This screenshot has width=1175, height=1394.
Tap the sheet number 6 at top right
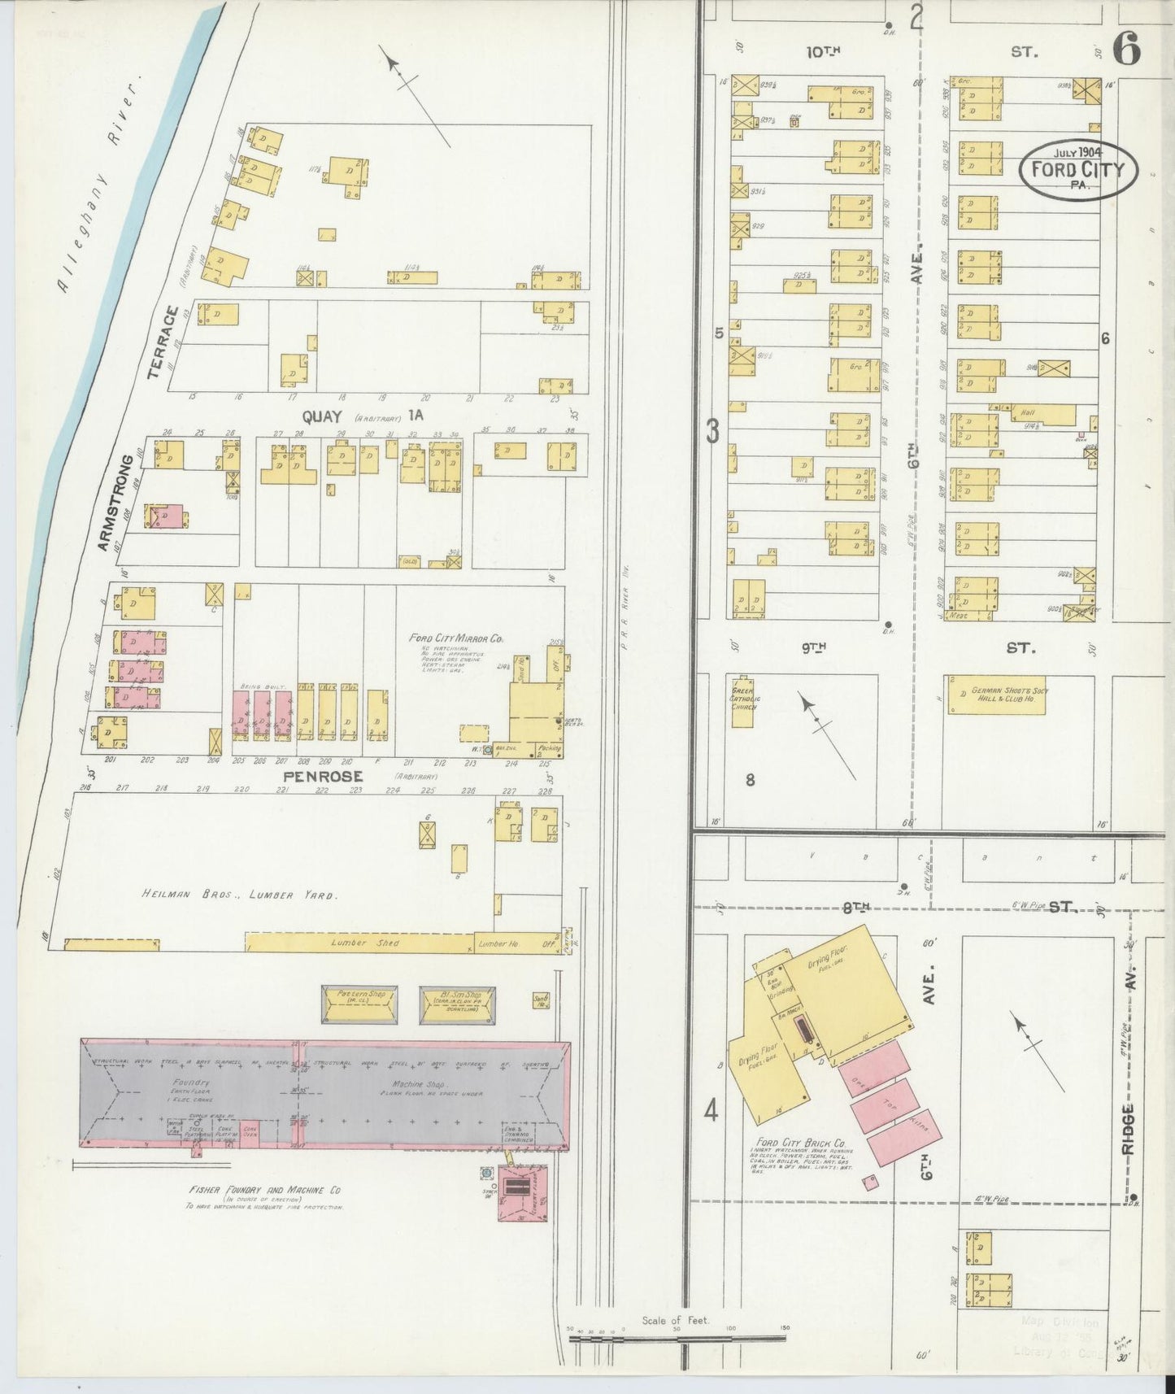pyautogui.click(x=1126, y=50)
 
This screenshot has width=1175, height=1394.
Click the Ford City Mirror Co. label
pyautogui.click(x=456, y=638)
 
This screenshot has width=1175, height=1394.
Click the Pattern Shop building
pyautogui.click(x=360, y=1005)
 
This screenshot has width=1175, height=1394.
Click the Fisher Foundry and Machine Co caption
pyautogui.click(x=264, y=1190)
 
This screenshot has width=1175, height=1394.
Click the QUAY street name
pyautogui.click(x=321, y=416)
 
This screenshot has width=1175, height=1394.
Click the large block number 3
pyautogui.click(x=713, y=431)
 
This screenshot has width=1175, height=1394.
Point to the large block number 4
pyautogui.click(x=711, y=1111)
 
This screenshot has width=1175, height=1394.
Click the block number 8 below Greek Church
pyautogui.click(x=750, y=780)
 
